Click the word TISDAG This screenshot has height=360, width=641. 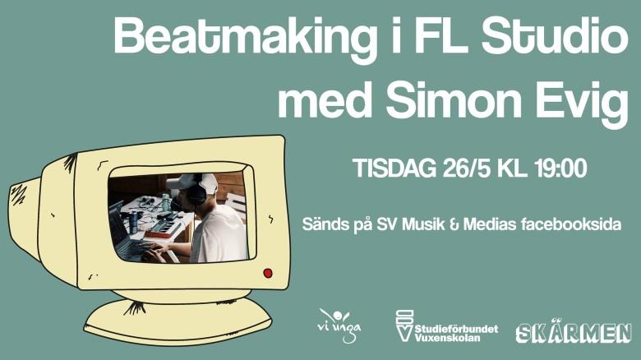pyautogui.click(x=394, y=168)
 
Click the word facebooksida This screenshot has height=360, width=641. pyautogui.click(x=571, y=224)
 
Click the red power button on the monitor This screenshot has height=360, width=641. pyautogui.click(x=268, y=273)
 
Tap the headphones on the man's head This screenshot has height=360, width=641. pyautogui.click(x=198, y=191)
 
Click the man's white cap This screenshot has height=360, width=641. pyautogui.click(x=191, y=182)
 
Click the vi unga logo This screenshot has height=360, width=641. pyautogui.click(x=339, y=325)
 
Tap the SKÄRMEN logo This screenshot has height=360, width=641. pyautogui.click(x=574, y=331)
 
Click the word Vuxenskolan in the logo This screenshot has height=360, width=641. pyautogui.click(x=448, y=338)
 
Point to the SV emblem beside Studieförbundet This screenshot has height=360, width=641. pyautogui.click(x=404, y=325)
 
